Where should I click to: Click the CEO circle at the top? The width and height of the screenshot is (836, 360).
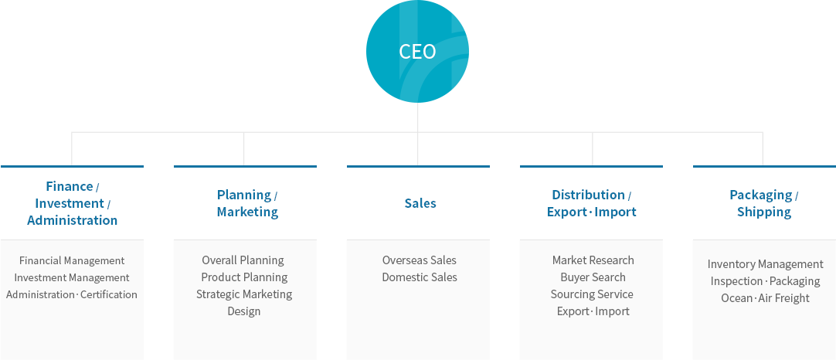click(x=417, y=51)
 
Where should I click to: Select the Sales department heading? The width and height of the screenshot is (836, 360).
click(x=420, y=203)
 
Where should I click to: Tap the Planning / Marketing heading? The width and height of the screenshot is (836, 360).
click(x=246, y=203)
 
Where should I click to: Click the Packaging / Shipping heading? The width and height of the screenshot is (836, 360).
click(x=764, y=203)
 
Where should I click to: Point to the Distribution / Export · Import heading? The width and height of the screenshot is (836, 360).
click(x=592, y=203)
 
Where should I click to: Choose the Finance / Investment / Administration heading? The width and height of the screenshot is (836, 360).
click(x=73, y=203)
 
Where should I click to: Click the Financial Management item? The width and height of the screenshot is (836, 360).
click(x=72, y=261)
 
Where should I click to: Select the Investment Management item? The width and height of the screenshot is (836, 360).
click(x=72, y=278)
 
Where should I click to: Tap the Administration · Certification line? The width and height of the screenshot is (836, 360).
click(x=72, y=294)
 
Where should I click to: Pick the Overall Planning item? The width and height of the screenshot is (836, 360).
click(x=243, y=260)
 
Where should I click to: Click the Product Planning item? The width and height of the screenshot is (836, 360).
click(x=244, y=277)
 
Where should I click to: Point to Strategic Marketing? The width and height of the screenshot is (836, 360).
click(x=244, y=294)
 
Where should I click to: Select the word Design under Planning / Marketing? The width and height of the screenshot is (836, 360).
click(x=244, y=311)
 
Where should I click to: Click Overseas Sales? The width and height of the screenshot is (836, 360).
click(x=420, y=260)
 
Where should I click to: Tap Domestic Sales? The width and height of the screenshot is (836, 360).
click(x=420, y=277)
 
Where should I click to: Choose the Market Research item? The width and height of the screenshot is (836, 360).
click(x=593, y=260)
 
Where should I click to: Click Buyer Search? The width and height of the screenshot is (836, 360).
click(x=593, y=277)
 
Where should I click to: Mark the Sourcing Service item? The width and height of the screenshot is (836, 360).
click(x=592, y=294)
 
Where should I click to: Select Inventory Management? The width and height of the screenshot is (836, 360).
click(x=766, y=264)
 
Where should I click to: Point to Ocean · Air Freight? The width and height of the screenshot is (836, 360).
click(x=766, y=298)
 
